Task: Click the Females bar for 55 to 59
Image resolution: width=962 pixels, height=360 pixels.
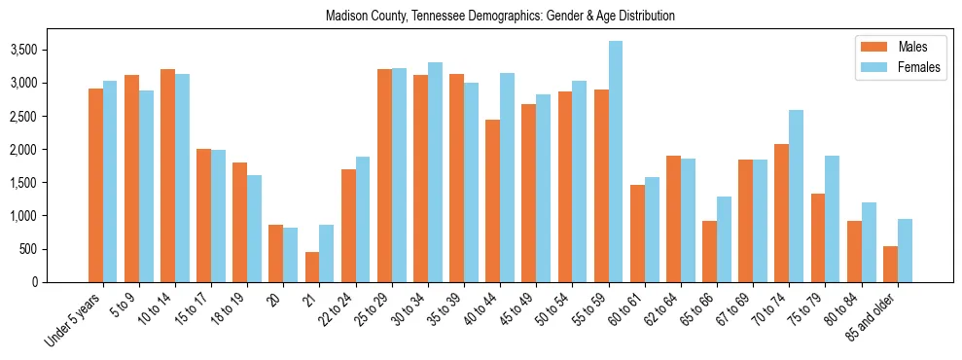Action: pos(616,162)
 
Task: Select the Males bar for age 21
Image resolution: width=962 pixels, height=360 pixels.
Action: pos(312,267)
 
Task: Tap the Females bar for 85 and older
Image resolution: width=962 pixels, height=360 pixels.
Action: pos(905,250)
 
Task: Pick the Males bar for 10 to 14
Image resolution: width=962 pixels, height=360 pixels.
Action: pos(168,175)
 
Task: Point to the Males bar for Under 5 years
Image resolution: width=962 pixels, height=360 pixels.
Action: pos(96,185)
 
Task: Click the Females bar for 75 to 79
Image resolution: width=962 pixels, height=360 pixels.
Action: pos(833,219)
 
